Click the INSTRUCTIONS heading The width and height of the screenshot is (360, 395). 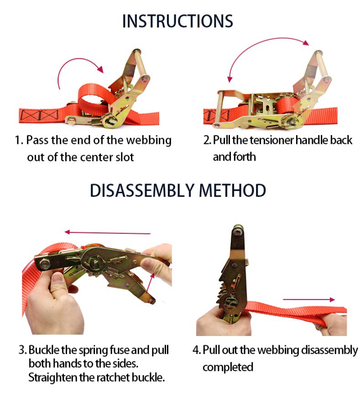click(x=177, y=21)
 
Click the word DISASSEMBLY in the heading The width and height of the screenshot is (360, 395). click(x=142, y=190)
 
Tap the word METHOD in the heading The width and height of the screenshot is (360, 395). click(x=232, y=190)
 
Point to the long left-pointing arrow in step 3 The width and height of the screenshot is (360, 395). click(x=108, y=232)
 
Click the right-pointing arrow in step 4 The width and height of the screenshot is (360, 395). click(x=309, y=300)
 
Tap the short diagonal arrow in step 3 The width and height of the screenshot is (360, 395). click(x=150, y=284)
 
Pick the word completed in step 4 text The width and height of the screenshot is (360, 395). click(x=228, y=367)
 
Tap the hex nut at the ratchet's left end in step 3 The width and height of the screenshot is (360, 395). click(x=45, y=264)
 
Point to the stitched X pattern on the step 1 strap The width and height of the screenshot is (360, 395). click(x=39, y=116)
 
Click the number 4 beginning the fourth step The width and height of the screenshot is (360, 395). click(x=196, y=350)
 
